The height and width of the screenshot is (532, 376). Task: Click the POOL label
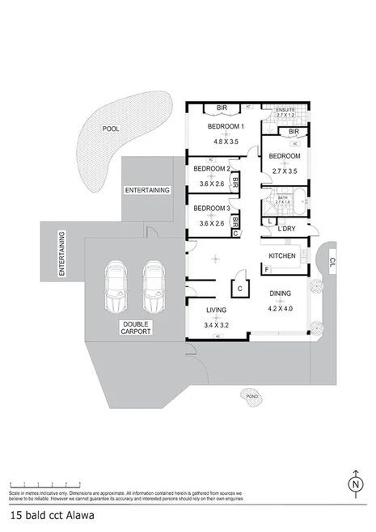(111, 129)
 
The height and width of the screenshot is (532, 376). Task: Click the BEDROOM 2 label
(212, 170)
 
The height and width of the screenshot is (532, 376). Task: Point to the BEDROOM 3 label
(212, 209)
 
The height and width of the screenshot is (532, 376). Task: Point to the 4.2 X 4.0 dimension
(281, 307)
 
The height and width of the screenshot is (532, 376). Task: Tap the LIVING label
(216, 310)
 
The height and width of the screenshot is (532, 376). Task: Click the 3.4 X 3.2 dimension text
(216, 324)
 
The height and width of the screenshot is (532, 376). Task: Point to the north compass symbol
(354, 484)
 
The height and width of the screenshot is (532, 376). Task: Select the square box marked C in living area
(240, 286)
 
